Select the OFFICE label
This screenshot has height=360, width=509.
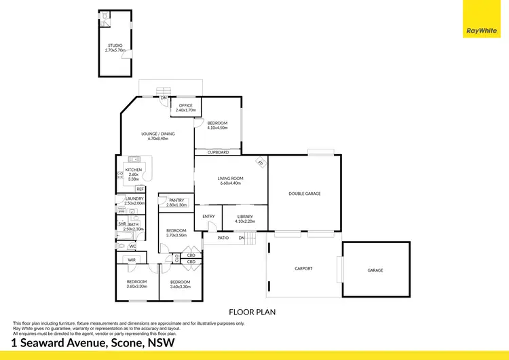tap(185, 106)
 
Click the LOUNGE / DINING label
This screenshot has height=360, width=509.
tap(157, 134)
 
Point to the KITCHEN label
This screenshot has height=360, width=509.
tap(133, 170)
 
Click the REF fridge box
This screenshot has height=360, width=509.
tap(140, 189)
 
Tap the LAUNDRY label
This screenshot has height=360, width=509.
tap(134, 198)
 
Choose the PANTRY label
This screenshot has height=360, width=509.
tap(176, 200)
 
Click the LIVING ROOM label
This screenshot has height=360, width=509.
tap(231, 179)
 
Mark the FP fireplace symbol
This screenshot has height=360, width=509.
tap(259, 163)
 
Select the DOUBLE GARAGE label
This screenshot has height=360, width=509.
tap(304, 194)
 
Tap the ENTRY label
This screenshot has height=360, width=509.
tap(208, 217)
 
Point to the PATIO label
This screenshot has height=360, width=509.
tap(222, 238)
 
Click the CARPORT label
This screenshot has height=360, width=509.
tap(303, 268)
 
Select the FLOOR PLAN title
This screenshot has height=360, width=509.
tap(252, 312)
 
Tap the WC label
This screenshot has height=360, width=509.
tap(132, 246)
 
